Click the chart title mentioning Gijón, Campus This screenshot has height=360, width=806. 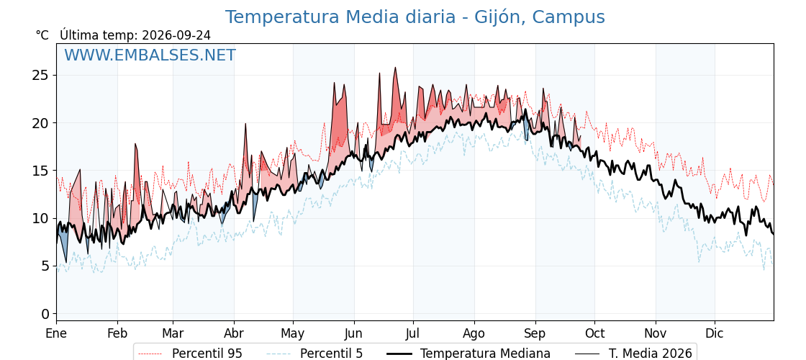pyautogui.click(x=415, y=17)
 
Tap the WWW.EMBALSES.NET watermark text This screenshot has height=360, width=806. pyautogui.click(x=150, y=55)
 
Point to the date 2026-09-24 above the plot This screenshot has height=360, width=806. pyautogui.click(x=176, y=35)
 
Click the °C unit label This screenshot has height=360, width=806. pyautogui.click(x=42, y=35)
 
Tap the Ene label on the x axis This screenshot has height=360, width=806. pyautogui.click(x=56, y=333)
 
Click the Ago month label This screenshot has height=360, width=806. pyautogui.click(x=474, y=333)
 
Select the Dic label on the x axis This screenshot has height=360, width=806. pyautogui.click(x=715, y=333)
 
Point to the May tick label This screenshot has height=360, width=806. pyautogui.click(x=293, y=333)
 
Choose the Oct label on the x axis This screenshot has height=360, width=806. pyautogui.click(x=594, y=333)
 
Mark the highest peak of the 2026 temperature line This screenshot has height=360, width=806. pyautogui.click(x=395, y=68)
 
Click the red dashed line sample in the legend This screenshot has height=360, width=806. pyautogui.click(x=150, y=354)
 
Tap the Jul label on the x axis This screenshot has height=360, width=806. pyautogui.click(x=413, y=333)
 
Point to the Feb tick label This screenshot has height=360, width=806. pyautogui.click(x=117, y=333)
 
